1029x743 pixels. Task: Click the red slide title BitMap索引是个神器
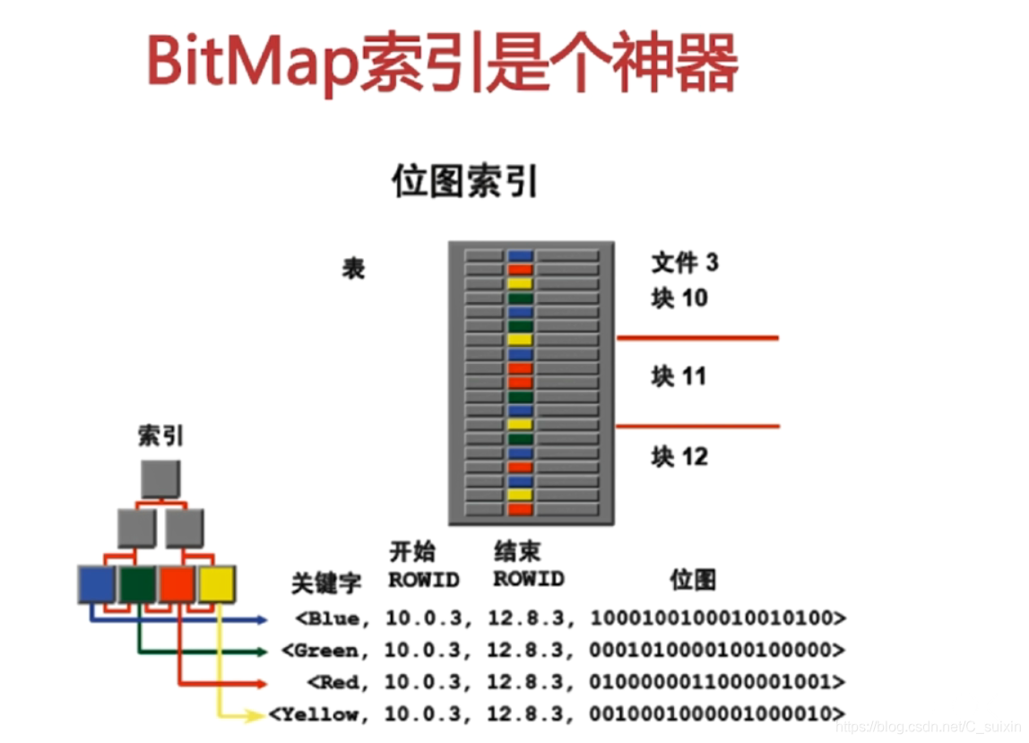tap(442, 65)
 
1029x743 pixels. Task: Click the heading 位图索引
tap(465, 182)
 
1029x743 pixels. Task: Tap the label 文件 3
tap(685, 263)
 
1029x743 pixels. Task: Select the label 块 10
tap(679, 298)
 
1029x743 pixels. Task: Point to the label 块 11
tap(679, 376)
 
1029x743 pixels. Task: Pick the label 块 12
tap(679, 457)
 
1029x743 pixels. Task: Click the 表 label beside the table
tap(353, 269)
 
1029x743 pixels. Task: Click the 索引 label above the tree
tap(160, 436)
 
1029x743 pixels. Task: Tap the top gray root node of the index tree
tap(160, 479)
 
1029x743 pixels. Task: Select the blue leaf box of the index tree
tap(97, 583)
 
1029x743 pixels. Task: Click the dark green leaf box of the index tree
tap(138, 583)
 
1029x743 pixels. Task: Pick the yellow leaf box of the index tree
tap(217, 583)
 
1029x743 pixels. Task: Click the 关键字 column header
tap(326, 583)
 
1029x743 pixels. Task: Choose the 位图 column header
tap(694, 580)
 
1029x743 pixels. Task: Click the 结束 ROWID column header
tap(529, 566)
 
